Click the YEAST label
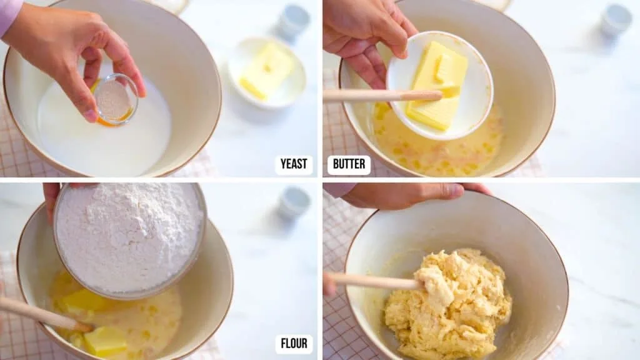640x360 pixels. click(294, 164)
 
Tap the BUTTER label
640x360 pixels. click(349, 164)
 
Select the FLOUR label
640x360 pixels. click(294, 344)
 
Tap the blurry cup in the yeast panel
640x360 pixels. click(294, 22)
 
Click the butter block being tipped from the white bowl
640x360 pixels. click(437, 84)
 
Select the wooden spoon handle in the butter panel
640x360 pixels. click(381, 96)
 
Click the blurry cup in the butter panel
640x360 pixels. click(616, 19)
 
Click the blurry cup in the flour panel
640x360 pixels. click(294, 202)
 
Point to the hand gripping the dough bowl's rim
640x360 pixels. click(406, 195)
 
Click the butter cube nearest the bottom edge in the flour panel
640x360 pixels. click(105, 341)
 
